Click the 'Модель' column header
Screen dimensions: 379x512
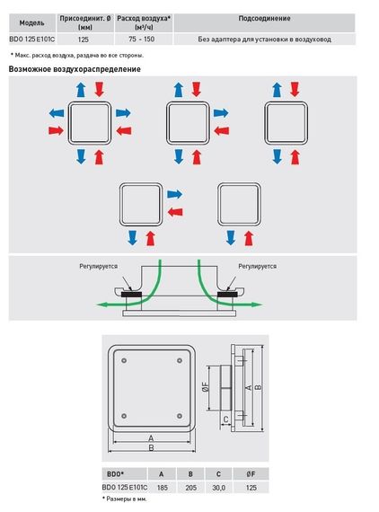[31, 22]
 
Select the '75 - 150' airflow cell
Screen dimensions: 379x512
[141, 40]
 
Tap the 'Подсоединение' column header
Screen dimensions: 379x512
[264, 18]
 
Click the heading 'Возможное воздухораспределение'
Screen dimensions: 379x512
[75, 69]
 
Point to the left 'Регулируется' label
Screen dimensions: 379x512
[98, 267]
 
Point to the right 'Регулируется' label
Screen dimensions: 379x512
[257, 267]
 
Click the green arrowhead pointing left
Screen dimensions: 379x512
[102, 305]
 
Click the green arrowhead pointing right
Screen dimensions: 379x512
[257, 305]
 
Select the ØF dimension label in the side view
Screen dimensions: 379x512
[206, 387]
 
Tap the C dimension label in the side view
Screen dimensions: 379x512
[225, 419]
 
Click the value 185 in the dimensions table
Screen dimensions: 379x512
[162, 488]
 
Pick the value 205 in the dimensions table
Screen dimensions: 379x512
[190, 488]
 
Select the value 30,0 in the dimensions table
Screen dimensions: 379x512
[219, 488]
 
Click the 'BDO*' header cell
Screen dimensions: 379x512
[115, 473]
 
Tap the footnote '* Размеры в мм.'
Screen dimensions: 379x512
[124, 499]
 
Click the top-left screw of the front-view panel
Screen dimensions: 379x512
[124, 360]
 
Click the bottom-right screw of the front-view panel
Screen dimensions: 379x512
[180, 416]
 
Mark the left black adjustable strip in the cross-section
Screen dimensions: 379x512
[131, 295]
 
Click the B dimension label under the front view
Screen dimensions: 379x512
[151, 447]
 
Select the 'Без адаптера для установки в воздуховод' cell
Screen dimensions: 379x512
[264, 40]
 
